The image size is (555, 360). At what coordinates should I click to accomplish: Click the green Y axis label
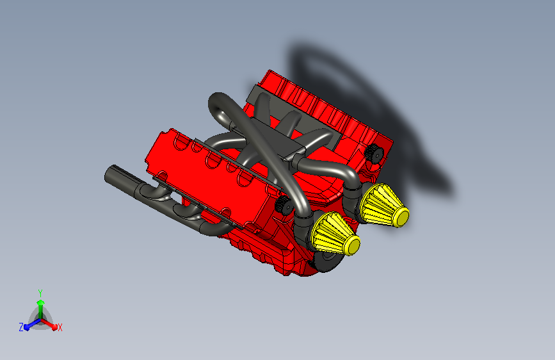click(x=40, y=293)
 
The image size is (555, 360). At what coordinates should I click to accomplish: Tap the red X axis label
click(x=60, y=328)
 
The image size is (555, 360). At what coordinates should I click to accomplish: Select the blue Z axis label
click(x=21, y=327)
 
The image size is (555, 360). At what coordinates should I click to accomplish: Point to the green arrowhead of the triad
click(x=41, y=302)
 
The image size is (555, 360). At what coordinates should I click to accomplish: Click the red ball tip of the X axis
click(x=54, y=327)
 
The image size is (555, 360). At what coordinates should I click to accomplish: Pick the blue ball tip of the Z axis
click(x=27, y=328)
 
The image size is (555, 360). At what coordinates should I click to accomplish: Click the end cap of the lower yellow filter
click(x=352, y=245)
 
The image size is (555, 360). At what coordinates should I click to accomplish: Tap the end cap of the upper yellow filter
click(x=401, y=216)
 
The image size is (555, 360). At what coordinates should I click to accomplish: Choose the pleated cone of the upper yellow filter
click(x=380, y=204)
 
